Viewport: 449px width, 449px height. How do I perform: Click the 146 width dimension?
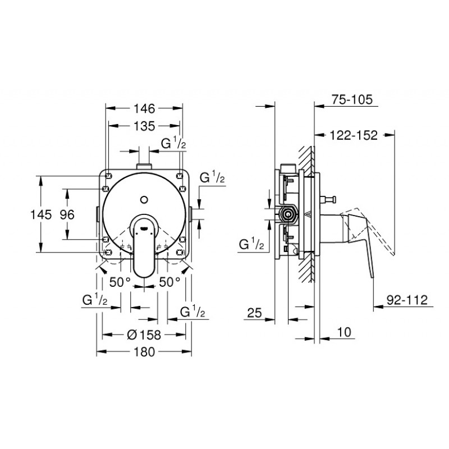tap(144, 108)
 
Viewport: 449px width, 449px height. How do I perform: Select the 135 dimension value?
tap(144, 126)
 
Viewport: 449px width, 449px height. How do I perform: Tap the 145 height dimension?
tap(41, 214)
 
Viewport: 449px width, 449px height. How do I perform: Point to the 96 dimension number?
tap(67, 214)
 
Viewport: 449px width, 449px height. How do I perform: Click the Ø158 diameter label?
tap(144, 335)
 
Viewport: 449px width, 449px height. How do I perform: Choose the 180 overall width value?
tap(144, 352)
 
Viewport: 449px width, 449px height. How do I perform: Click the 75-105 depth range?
tap(352, 100)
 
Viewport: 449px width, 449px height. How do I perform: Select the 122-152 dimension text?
tap(354, 135)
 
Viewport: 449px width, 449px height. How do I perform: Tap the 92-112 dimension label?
tap(407, 300)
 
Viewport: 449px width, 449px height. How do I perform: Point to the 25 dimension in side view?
tap(255, 313)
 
